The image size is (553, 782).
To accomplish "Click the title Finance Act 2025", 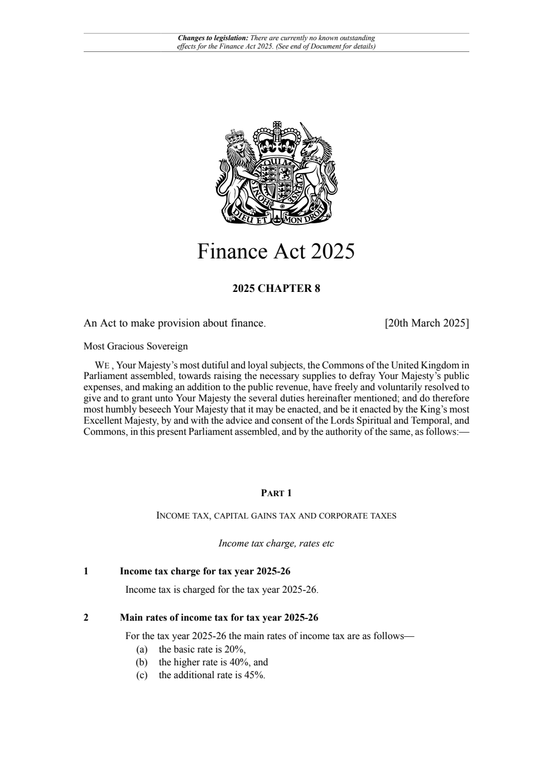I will [x=276, y=252].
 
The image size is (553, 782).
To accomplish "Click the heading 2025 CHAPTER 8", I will [x=276, y=289].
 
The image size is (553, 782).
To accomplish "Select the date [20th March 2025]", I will [x=427, y=323].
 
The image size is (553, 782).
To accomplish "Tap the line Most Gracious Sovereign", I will [x=136, y=346].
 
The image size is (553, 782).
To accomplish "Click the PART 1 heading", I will [x=276, y=493].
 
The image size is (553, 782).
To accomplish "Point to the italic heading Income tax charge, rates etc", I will [x=276, y=543].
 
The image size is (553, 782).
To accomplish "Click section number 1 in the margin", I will [x=86, y=571].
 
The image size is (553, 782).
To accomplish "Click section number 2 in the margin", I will [x=86, y=617].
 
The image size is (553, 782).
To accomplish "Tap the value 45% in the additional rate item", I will [x=254, y=675].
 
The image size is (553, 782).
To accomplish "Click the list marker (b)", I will [x=142, y=662].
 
